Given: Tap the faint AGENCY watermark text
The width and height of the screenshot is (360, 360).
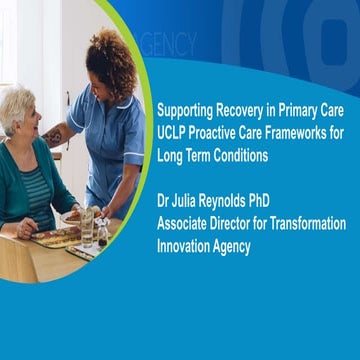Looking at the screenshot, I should click(169, 45).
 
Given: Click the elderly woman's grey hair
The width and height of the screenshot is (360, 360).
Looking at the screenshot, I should click(18, 107).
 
